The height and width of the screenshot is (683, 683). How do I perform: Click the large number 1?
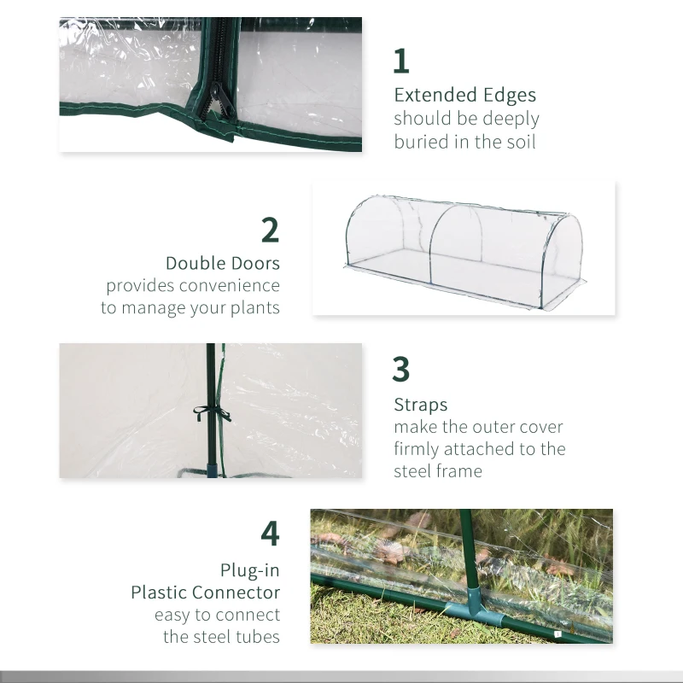401,61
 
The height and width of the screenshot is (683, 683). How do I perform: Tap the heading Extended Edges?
464,95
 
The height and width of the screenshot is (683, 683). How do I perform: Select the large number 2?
270,231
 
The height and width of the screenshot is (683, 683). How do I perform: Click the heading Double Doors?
222,263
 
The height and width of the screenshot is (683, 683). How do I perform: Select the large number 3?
401,370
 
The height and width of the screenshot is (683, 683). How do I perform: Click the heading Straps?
420,405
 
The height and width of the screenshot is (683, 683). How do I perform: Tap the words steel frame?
438,471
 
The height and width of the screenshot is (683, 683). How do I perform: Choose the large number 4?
270,533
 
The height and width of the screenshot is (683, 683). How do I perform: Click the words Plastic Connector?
205,592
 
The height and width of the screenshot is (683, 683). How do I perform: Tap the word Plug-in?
249,569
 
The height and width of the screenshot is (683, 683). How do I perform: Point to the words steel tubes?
222,637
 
